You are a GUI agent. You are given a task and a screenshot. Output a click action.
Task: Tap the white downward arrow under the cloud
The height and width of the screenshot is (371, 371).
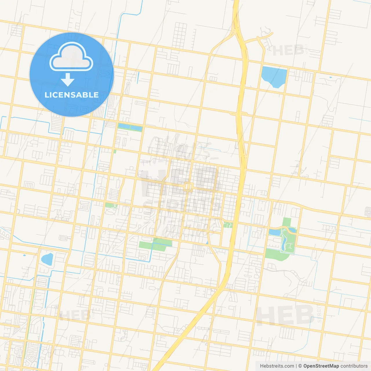(68, 80)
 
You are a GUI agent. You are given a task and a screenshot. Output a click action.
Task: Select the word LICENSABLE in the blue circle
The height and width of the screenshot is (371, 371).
(72, 95)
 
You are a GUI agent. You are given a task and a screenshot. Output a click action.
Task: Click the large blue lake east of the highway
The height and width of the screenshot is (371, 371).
(274, 76)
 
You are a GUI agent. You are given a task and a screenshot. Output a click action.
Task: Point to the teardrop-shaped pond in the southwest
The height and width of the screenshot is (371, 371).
(47, 259)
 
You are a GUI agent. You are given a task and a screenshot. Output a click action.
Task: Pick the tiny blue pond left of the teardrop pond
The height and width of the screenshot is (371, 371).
(24, 256)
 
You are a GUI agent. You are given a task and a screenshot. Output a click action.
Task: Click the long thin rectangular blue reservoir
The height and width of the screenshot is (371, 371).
(130, 127)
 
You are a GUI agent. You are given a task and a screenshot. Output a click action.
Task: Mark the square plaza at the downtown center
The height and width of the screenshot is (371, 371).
(188, 187)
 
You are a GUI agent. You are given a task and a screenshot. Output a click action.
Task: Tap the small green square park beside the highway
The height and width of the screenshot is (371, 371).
(228, 225)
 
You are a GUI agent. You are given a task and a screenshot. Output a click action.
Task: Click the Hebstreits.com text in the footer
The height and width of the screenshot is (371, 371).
(277, 366)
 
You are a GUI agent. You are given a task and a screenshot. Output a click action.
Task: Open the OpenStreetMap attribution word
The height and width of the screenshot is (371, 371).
(321, 366)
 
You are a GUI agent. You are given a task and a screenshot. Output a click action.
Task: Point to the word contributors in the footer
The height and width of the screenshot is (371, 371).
(354, 366)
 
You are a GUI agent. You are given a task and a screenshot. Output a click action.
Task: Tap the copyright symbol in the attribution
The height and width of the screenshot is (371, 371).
(300, 366)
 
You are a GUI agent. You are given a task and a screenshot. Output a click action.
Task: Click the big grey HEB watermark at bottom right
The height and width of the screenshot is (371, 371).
(285, 315)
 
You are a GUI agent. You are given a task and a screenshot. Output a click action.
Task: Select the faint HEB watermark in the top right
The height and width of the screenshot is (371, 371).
(288, 51)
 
